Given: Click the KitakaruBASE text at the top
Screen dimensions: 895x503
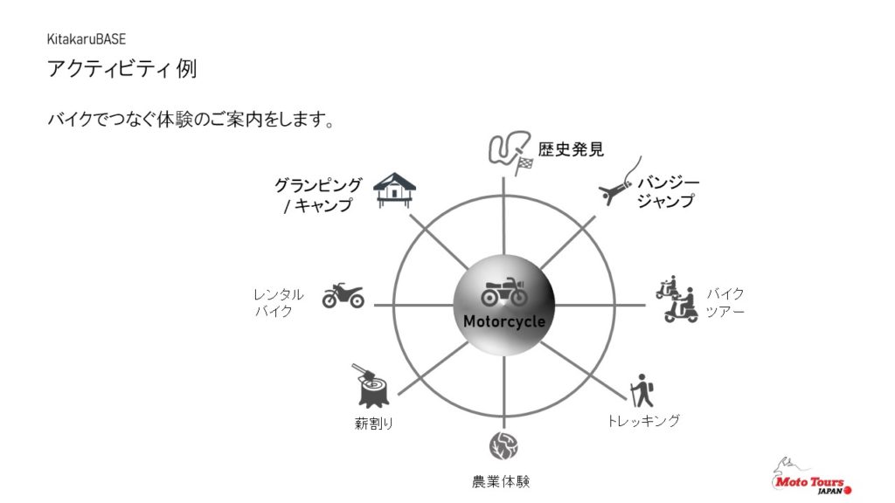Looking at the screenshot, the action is tap(87, 39).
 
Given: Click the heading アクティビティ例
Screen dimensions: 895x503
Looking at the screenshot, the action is tap(122, 68).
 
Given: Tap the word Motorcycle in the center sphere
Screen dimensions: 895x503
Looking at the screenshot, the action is tap(504, 321).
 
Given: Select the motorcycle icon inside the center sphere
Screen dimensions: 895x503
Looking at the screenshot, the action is tap(504, 292).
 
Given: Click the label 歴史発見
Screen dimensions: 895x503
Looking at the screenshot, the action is tap(571, 149).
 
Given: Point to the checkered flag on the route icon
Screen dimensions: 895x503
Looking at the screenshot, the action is tap(524, 165).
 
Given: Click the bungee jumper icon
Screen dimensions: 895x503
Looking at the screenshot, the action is tap(621, 182).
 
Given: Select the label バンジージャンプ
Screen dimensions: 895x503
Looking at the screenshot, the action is tap(668, 192).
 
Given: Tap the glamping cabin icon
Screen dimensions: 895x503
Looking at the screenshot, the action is tap(394, 190).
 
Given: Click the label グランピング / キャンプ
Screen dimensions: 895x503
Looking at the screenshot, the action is tap(318, 195).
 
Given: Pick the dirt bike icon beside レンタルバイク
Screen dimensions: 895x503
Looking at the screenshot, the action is tap(343, 295).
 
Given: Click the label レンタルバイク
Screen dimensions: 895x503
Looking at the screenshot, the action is tap(279, 303).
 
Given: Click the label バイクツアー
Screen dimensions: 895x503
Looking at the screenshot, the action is tap(725, 302).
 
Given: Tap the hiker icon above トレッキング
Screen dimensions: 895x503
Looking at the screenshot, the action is tap(642, 391).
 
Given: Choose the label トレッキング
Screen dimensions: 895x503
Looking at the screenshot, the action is tap(642, 421).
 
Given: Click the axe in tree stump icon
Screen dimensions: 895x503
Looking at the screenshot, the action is tap(372, 385).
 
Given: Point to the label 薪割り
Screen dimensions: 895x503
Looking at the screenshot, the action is tap(374, 424).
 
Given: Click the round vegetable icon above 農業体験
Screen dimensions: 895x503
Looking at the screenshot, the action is tap(503, 446).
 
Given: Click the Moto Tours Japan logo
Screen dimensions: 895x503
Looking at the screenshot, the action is tap(811, 476).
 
